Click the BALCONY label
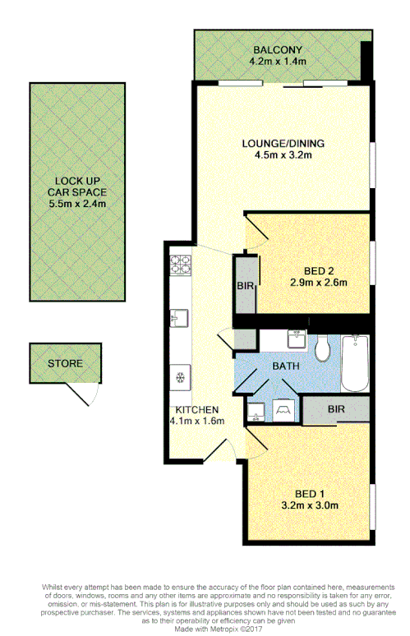(277, 48)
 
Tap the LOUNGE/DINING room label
(283, 143)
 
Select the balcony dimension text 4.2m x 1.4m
(277, 60)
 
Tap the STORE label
(64, 362)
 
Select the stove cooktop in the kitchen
(180, 265)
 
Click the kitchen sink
(180, 317)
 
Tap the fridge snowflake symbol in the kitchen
(180, 377)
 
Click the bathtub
(355, 362)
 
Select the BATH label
(284, 366)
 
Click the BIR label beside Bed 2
(245, 285)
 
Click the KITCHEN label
(195, 409)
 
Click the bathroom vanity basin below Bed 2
(297, 338)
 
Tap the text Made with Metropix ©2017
(205, 629)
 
